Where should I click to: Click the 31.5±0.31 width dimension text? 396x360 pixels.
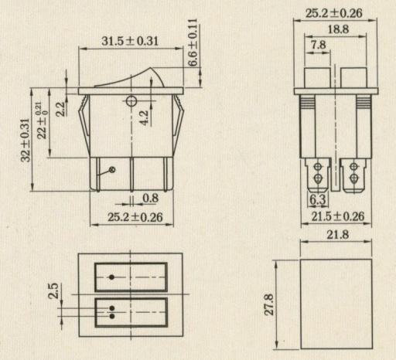tap(130, 41)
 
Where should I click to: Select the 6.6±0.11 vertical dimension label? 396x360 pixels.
tap(193, 42)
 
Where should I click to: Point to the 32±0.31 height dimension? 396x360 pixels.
tap(26, 140)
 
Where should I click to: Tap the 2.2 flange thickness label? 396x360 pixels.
tap(60, 109)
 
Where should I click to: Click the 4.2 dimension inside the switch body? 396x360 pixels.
tap(144, 118)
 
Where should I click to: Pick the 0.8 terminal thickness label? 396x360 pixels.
tap(151, 198)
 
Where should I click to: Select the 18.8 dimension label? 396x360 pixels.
tap(338, 29)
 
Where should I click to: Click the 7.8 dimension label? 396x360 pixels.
tap(318, 45)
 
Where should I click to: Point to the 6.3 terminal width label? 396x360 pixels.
tap(318, 199)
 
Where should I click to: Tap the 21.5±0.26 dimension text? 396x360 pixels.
tap(338, 216)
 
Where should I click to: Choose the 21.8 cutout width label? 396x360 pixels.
tap(338, 235)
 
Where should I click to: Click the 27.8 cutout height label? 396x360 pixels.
tap(269, 304)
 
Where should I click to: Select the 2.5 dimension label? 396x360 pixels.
tap(53, 290)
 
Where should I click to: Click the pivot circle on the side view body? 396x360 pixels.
tap(131, 101)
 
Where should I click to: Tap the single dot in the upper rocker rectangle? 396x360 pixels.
tap(111, 277)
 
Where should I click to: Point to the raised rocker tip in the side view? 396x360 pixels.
tap(151, 69)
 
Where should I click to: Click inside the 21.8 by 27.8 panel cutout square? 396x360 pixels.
tap(336, 304)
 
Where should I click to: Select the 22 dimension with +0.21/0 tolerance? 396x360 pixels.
tap(42, 121)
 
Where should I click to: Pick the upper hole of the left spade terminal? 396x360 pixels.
tap(318, 166)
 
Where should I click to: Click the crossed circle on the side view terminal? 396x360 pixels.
tap(112, 169)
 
